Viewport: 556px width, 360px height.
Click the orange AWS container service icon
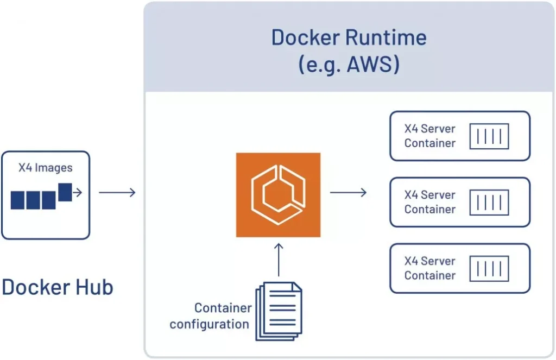pyautogui.click(x=278, y=195)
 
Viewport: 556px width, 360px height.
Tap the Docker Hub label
pyautogui.click(x=57, y=287)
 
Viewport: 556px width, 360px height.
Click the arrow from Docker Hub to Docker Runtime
pyautogui.click(x=117, y=192)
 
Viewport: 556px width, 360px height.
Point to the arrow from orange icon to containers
pyautogui.click(x=348, y=192)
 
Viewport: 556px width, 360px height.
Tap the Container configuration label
pyautogui.click(x=211, y=316)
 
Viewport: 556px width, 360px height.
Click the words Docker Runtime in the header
pyautogui.click(x=349, y=37)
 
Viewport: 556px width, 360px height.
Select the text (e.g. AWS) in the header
pyautogui.click(x=349, y=65)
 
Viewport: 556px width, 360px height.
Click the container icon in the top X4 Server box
pyautogui.click(x=489, y=136)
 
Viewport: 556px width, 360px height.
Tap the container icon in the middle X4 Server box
pyautogui.click(x=489, y=202)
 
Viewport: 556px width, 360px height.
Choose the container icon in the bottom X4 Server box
pyautogui.click(x=489, y=268)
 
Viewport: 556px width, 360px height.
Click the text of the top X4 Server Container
pyautogui.click(x=429, y=136)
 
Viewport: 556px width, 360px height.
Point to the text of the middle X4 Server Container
pyautogui.click(x=429, y=202)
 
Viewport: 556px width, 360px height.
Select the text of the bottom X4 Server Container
pyautogui.click(x=429, y=268)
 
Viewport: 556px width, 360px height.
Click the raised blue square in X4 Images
pyautogui.click(x=65, y=192)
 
